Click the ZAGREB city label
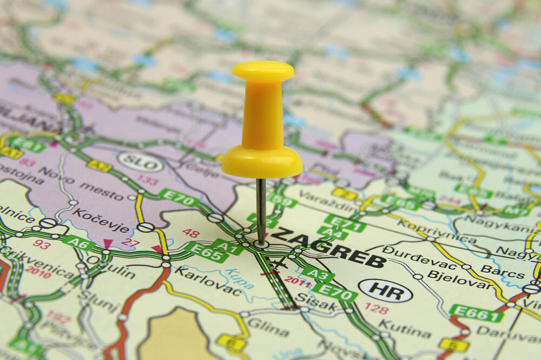click(x=327, y=246)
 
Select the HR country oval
click(x=385, y=290)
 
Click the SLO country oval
click(x=140, y=162)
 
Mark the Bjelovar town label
click(x=452, y=281)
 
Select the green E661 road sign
click(x=476, y=313)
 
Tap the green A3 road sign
click(x=318, y=274)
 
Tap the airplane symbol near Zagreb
click(x=278, y=264)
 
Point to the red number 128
click(x=376, y=309)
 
